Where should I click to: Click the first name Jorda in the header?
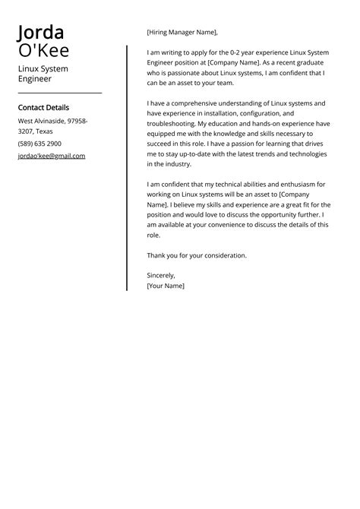coord(42,32)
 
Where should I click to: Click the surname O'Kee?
coord(44,51)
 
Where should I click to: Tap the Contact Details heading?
coord(43,108)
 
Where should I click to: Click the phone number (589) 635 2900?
coord(39,144)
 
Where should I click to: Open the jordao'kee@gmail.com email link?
coord(52,156)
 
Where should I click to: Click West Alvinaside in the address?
coord(42,121)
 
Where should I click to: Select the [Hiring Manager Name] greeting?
coord(182,32)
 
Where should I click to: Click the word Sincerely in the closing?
coord(161,275)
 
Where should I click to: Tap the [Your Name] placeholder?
coord(166,286)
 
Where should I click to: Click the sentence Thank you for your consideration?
coord(197,255)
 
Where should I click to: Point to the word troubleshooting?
coord(173,123)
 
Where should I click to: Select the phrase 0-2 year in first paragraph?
coord(229,52)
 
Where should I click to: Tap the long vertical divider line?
coord(127,167)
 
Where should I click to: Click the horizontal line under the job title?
coord(59,93)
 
